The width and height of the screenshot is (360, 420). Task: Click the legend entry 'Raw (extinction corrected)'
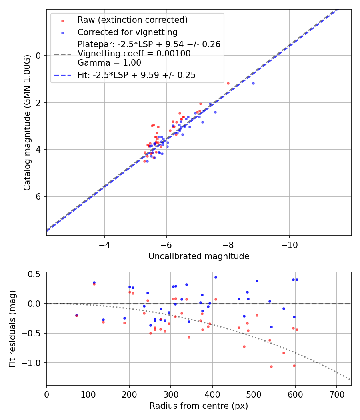point(132,20)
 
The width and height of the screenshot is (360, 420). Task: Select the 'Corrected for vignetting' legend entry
point(128,32)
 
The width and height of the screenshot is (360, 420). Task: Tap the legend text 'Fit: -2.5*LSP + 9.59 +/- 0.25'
point(136,75)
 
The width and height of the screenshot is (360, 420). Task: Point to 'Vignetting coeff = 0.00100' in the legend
point(134,54)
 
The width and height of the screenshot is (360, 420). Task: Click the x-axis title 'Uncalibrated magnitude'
point(199,256)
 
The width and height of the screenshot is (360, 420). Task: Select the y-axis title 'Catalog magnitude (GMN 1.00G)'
point(27,122)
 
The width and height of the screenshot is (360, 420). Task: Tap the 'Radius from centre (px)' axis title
point(199,406)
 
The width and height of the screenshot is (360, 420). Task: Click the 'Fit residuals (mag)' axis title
point(12,328)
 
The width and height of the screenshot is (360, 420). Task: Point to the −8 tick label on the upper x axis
point(228,244)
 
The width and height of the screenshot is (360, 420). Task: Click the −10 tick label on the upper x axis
point(289,244)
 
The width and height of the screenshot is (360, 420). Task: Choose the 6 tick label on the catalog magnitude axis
point(38,196)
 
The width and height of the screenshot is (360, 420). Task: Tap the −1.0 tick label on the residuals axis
point(35,363)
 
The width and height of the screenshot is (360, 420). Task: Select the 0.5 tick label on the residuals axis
point(37,274)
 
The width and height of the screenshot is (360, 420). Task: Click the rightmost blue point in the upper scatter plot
point(253,83)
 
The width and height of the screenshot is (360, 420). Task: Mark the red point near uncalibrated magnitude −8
point(228,83)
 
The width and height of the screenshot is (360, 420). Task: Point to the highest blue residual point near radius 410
point(216,277)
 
